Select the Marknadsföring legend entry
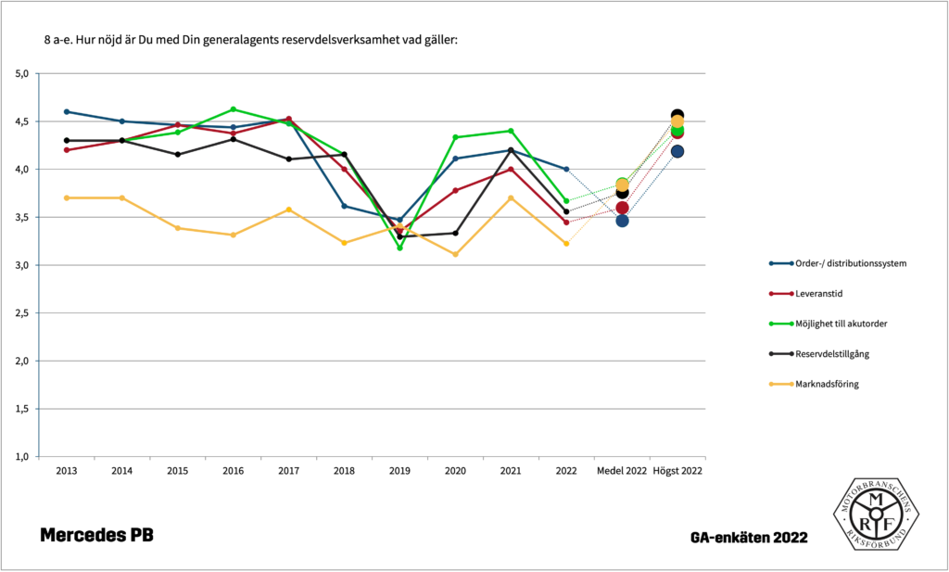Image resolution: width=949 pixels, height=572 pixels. [827, 384]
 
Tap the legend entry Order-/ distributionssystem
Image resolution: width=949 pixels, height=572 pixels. [850, 263]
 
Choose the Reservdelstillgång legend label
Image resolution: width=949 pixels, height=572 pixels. [831, 353]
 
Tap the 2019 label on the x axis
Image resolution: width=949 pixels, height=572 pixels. [399, 471]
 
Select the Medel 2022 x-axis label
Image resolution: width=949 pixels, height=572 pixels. [622, 471]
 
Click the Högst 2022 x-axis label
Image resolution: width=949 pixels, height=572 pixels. [677, 471]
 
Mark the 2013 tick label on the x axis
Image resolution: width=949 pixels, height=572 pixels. [67, 471]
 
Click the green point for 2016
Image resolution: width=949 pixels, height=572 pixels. [234, 109]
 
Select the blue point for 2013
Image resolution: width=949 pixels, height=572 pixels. [67, 111]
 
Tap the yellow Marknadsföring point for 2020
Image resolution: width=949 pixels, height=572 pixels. [455, 254]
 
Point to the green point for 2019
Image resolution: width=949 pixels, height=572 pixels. [399, 248]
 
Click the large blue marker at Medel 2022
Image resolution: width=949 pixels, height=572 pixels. [622, 221]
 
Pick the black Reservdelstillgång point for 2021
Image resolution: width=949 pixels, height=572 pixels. [511, 150]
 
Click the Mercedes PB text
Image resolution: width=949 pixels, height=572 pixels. [96, 536]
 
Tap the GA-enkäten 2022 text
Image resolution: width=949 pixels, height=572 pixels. [748, 537]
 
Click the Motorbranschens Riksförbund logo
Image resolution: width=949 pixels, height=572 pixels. [874, 516]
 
